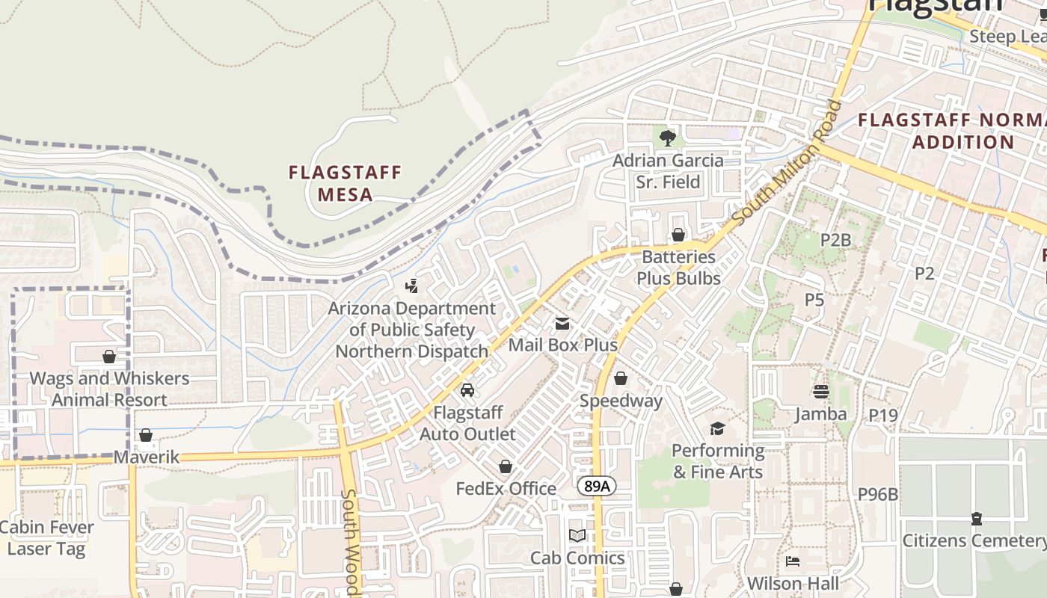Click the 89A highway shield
pos(597,487)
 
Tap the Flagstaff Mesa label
pos(345,184)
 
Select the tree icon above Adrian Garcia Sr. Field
pos(668,138)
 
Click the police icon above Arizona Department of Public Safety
pos(411,286)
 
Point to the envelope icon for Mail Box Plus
pos(562,324)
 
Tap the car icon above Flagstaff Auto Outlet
pos(467,390)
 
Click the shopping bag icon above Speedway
pos(620,379)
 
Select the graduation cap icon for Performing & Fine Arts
pos(717,428)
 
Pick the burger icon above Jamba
pos(821,392)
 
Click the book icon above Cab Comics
pos(577,536)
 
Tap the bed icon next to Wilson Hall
pos(793,561)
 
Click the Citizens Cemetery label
pos(974,540)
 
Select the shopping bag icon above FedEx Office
pos(506,467)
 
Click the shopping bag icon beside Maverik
pos(146,435)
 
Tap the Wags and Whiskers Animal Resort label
pos(109,389)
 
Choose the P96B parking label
pos(878,494)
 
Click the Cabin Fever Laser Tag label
pos(46,537)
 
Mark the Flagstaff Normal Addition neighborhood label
pos(951,131)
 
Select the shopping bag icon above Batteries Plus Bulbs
pos(678,235)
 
